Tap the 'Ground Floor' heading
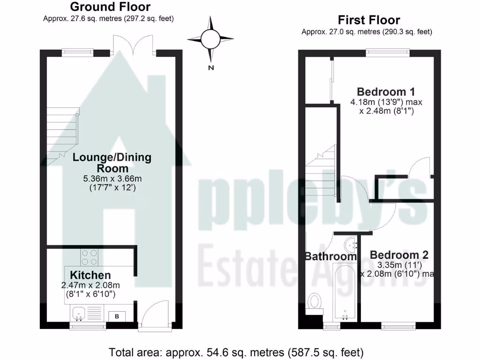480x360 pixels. pos(110,7)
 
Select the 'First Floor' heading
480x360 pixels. pos(369,20)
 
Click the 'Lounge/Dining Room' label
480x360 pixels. pos(112,163)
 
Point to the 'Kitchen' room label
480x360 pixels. pos(90,275)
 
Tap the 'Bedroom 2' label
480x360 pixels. pos(399,255)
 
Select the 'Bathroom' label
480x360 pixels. pos(330,256)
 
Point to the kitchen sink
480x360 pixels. pos(78,311)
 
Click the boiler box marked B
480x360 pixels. pos(117,316)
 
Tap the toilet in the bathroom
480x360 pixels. pos(314,302)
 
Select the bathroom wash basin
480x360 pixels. pos(349,244)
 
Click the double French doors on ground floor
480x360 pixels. pos(134,45)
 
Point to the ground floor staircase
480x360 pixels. pos(62,133)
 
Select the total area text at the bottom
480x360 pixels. pos(236,352)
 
